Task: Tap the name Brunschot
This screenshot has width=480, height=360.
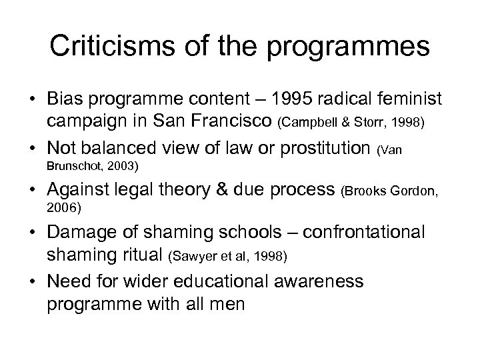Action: [x=71, y=167]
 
